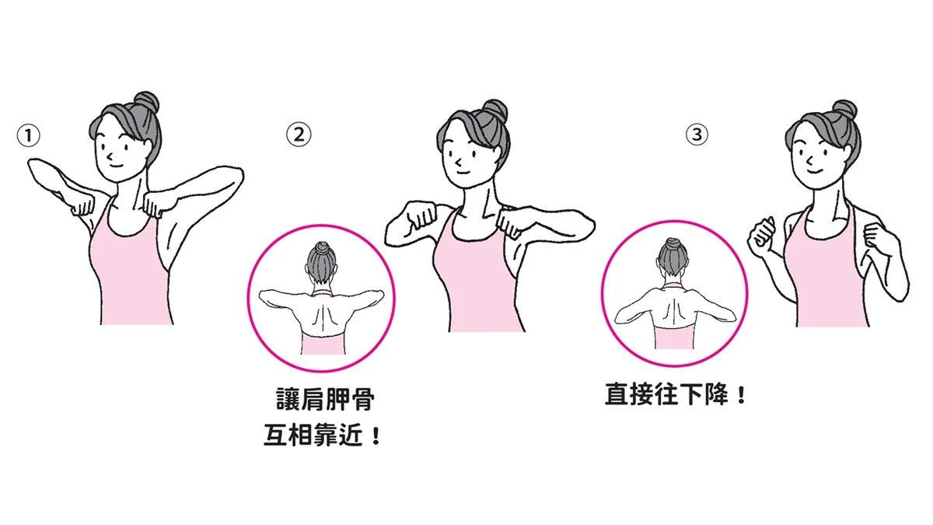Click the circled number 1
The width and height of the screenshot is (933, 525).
click(28, 136)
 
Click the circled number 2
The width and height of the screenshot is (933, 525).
click(299, 134)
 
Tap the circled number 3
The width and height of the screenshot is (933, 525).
click(697, 134)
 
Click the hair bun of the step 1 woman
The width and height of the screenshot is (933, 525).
click(148, 102)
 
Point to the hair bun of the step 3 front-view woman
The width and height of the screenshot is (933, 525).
click(844, 110)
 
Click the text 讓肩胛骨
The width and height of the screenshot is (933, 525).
click(325, 399)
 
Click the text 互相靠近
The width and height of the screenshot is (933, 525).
click(313, 435)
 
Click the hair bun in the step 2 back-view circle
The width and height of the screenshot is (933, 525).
click(322, 248)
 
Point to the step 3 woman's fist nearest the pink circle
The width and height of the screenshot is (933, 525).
click(763, 238)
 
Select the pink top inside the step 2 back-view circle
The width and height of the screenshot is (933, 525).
click(322, 342)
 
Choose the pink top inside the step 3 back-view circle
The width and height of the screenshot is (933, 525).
click(674, 337)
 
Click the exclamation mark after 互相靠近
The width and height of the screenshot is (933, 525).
click(376, 436)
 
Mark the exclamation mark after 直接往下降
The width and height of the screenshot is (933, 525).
click(741, 394)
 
